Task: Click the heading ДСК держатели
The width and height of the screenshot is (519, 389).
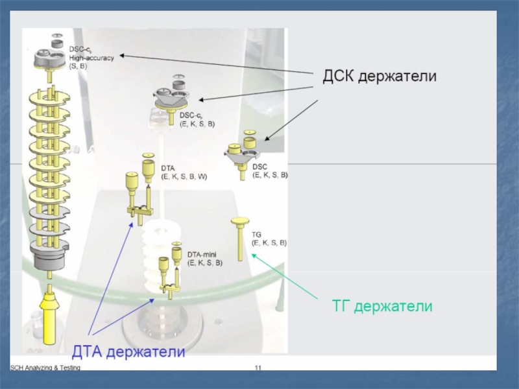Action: (380, 77)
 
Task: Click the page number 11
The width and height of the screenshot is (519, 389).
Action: (258, 368)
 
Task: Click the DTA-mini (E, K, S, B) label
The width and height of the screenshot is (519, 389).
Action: (205, 259)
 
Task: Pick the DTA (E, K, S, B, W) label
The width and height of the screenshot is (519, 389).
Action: (184, 172)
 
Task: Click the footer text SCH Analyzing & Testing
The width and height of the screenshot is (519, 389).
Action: (45, 368)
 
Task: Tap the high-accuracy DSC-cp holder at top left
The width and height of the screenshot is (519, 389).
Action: (51, 54)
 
